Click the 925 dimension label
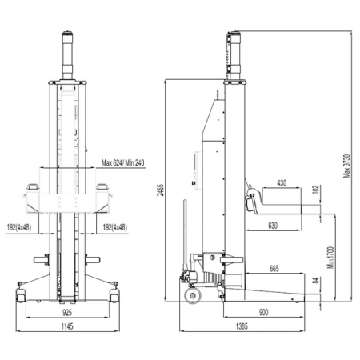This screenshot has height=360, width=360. coord(67,313)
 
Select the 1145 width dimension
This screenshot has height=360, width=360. coord(67,326)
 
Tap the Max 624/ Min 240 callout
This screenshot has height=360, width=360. coord(123,162)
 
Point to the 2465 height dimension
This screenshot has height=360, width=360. coord(161,190)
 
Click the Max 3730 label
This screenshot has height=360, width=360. coord(346,166)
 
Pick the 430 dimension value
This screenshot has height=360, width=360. coord(282,183)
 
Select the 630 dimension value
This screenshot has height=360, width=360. coord(273,226)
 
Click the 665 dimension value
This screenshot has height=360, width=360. coord(274,268)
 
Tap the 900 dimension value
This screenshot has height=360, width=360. coord(263,312)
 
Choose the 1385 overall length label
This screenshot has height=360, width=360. coord(242,326)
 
